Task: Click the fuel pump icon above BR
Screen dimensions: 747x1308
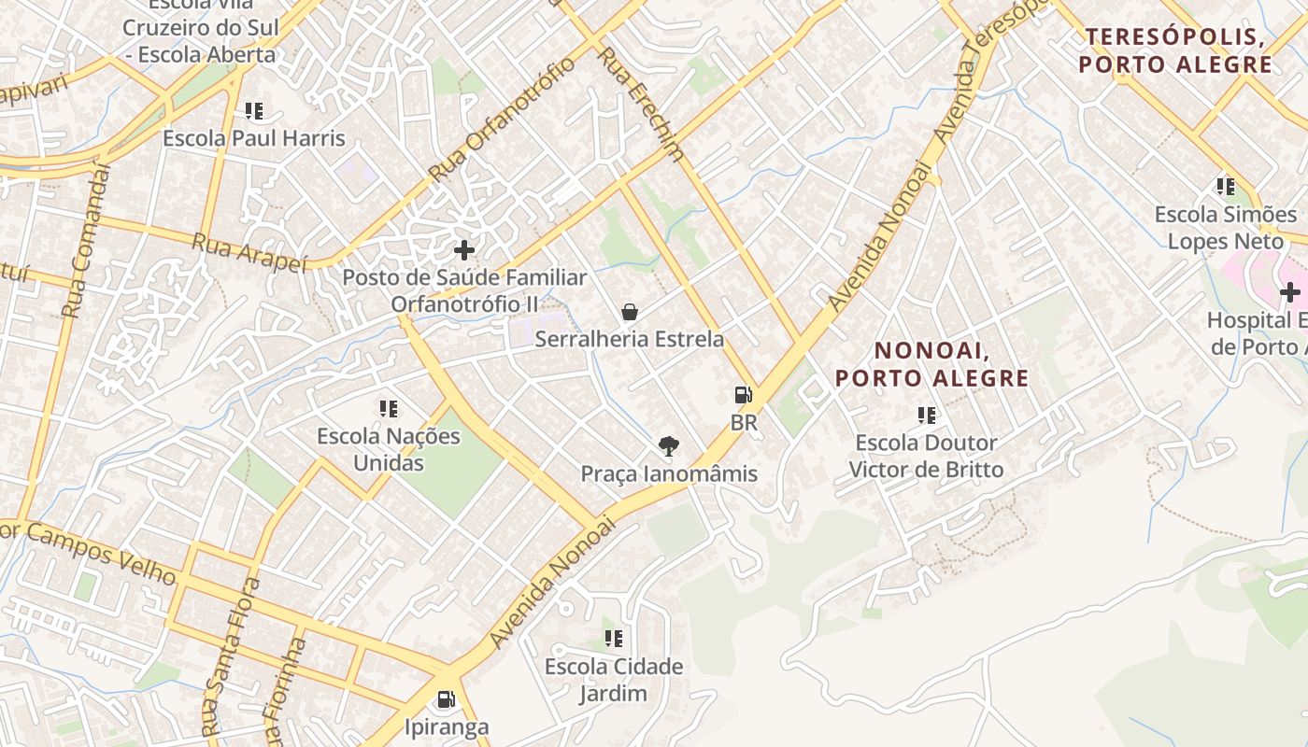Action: click(x=744, y=395)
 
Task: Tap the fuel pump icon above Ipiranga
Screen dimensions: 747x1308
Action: click(x=447, y=699)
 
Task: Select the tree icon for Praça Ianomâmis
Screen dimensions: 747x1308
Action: click(x=669, y=446)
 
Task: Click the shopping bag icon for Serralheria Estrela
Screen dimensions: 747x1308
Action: click(x=630, y=311)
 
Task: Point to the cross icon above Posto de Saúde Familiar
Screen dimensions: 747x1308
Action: click(x=464, y=250)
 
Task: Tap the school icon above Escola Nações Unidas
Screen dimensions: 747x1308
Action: click(x=389, y=409)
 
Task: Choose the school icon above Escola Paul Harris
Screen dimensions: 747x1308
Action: click(x=254, y=111)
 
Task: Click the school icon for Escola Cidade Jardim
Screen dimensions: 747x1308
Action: click(x=614, y=639)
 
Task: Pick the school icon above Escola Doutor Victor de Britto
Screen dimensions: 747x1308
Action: click(x=927, y=415)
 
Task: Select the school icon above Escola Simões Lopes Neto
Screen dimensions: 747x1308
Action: click(x=1226, y=187)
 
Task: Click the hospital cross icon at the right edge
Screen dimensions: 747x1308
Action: click(x=1290, y=292)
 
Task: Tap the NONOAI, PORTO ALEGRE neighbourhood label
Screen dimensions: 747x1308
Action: click(x=931, y=364)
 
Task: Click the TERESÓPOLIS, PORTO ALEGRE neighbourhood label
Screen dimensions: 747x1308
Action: click(x=1175, y=50)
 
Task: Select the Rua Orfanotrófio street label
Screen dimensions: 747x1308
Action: click(x=503, y=119)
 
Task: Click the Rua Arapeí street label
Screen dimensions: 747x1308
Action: click(x=249, y=253)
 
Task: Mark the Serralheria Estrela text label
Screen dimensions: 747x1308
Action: click(x=630, y=339)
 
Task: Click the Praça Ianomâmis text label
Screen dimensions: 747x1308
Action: click(x=669, y=474)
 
